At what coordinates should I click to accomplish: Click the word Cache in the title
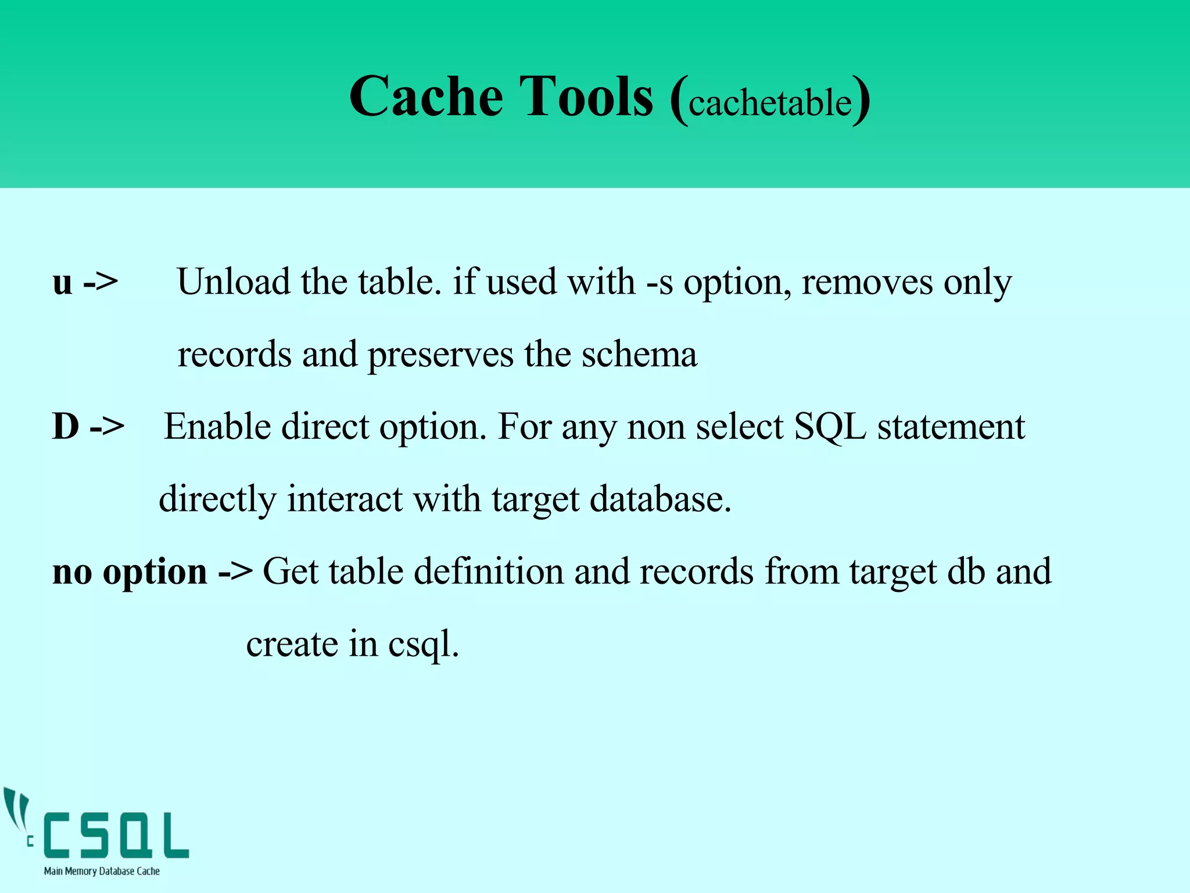click(x=426, y=97)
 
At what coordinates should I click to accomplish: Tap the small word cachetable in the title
click(x=770, y=103)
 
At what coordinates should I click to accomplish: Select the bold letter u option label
click(x=63, y=283)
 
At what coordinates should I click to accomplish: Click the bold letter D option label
click(x=66, y=426)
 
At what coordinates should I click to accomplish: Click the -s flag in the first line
click(x=660, y=283)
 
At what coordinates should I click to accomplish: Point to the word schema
click(x=639, y=355)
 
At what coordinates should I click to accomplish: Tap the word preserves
click(x=440, y=356)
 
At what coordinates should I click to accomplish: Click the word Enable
click(x=217, y=427)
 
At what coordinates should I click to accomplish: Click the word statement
click(x=951, y=427)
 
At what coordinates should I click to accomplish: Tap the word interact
click(x=345, y=499)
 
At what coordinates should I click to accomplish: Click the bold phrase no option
click(x=130, y=572)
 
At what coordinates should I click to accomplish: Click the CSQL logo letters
click(x=116, y=835)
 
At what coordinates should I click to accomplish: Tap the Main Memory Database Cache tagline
click(x=102, y=871)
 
